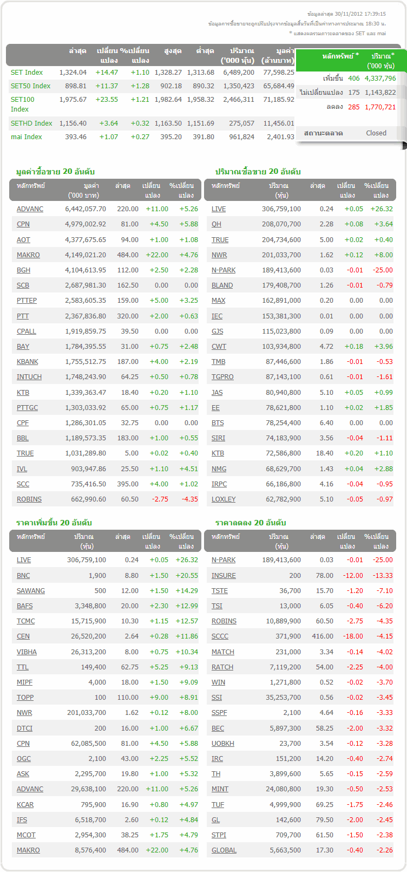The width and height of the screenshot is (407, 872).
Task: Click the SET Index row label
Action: (x=27, y=73)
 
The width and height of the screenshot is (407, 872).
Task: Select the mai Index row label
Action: (x=26, y=137)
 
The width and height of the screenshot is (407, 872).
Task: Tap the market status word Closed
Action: (x=376, y=133)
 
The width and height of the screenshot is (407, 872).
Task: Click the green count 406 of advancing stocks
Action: (x=354, y=79)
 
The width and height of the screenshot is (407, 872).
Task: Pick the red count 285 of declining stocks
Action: (x=354, y=107)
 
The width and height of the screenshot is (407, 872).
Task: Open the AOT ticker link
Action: (x=23, y=240)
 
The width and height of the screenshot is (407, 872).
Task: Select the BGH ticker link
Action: (x=23, y=270)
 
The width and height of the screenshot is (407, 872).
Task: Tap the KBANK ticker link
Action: (x=28, y=362)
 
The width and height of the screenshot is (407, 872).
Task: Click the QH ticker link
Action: (x=216, y=224)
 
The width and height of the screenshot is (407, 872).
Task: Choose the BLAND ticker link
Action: (x=222, y=285)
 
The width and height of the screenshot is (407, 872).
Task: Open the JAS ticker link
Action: (x=217, y=393)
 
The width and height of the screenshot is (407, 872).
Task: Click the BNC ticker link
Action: (x=23, y=576)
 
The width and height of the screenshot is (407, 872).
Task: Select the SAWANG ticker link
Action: (x=30, y=591)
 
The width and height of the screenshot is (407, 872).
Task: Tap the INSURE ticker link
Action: (x=224, y=576)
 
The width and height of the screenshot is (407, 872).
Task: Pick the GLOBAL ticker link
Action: (x=224, y=850)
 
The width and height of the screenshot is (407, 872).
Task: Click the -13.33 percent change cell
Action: (x=382, y=576)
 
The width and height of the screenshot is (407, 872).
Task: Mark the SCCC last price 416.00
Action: (x=323, y=636)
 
